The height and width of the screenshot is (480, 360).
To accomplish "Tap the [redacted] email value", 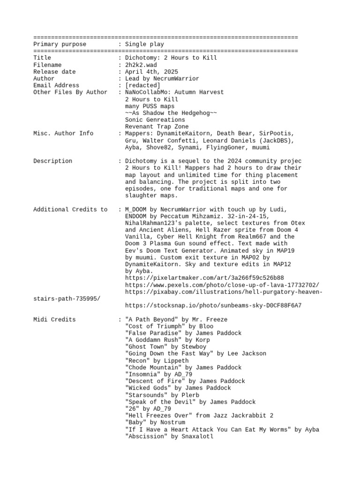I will click(x=142, y=85).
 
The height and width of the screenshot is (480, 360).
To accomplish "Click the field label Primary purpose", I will click(x=60, y=44).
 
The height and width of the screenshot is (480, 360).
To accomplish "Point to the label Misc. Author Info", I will click(x=63, y=134).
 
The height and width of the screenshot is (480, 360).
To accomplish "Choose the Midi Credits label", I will click(x=54, y=320).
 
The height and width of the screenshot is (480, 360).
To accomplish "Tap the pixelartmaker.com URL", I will click(x=204, y=278).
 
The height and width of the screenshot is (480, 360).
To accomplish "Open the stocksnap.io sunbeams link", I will click(x=213, y=306).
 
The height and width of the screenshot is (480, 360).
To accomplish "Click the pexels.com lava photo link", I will click(x=222, y=285).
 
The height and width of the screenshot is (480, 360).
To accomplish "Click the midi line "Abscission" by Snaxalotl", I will click(x=169, y=436).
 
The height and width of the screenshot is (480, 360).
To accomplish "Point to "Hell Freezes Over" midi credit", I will click(x=199, y=416).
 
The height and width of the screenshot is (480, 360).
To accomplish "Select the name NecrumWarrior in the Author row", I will click(x=176, y=79).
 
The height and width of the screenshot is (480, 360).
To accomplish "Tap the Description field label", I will click(x=52, y=161).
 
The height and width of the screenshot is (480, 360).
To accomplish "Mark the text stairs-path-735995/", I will click(x=67, y=299).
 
